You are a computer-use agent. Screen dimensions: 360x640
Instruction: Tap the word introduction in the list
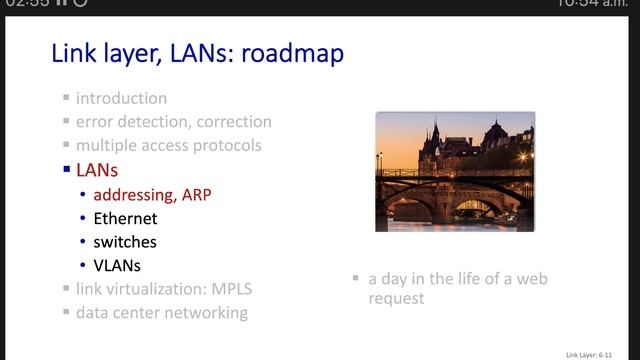[121, 98]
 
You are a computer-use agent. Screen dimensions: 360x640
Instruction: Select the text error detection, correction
[173, 122]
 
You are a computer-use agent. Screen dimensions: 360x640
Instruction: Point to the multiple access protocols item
[168, 145]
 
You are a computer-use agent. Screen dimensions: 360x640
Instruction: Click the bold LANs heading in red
[97, 170]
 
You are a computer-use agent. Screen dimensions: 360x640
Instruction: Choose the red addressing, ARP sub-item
[150, 194]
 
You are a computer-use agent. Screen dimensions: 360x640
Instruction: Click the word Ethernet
[125, 217]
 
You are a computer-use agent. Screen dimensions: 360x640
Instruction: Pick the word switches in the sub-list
[125, 241]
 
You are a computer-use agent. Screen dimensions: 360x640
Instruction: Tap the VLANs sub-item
[117, 265]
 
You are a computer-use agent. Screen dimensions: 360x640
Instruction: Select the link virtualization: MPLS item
[164, 289]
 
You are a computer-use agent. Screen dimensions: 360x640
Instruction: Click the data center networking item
[162, 313]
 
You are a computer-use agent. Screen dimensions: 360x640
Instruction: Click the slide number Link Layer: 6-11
[597, 353]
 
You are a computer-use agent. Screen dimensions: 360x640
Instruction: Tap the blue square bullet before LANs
[66, 171]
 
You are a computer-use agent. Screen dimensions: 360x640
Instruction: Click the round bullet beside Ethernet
[82, 218]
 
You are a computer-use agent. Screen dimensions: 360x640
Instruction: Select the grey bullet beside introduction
[66, 99]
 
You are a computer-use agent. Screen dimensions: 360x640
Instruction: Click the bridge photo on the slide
[455, 171]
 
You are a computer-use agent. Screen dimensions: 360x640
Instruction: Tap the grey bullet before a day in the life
[356, 279]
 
